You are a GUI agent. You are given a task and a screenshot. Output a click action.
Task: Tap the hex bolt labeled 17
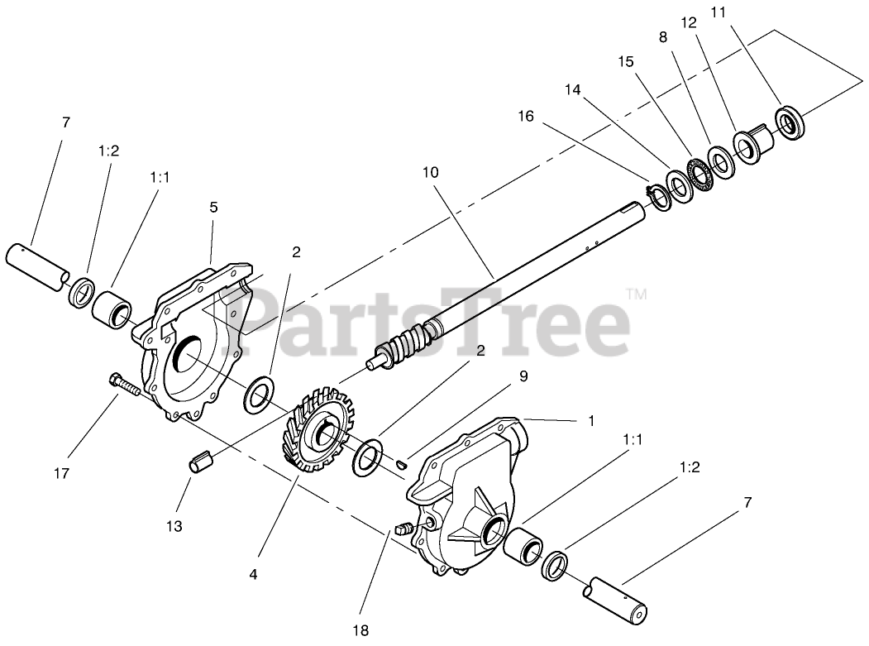click(x=127, y=385)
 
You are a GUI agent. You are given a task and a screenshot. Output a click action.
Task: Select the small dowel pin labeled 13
click(x=203, y=462)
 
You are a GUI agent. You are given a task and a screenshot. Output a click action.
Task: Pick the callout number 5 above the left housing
click(x=213, y=207)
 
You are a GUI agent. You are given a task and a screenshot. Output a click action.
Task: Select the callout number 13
click(x=174, y=526)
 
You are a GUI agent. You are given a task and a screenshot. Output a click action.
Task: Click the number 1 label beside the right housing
click(x=590, y=419)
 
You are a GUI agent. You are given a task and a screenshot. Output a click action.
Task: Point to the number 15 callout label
click(x=626, y=61)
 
